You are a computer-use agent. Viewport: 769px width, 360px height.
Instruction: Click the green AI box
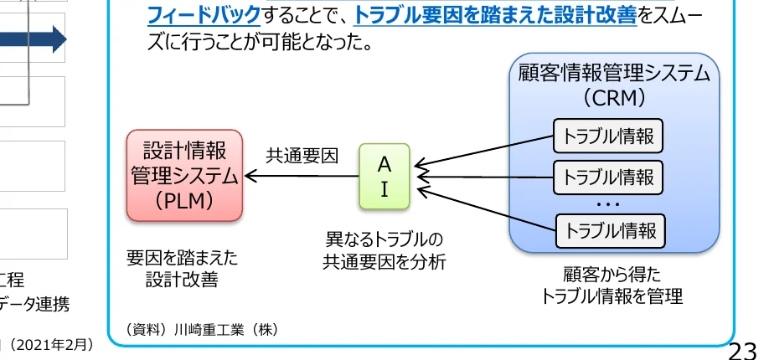pyautogui.click(x=384, y=177)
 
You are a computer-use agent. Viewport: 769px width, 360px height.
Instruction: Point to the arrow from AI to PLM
pyautogui.click(x=302, y=177)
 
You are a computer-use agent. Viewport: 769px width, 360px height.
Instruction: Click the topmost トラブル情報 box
pyautogui.click(x=608, y=136)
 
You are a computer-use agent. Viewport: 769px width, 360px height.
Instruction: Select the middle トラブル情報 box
pyautogui.click(x=608, y=177)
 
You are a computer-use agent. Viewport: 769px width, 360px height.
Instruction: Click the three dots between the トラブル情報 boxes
pyautogui.click(x=608, y=203)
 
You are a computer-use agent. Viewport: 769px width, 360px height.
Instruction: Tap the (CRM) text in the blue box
pyautogui.click(x=614, y=98)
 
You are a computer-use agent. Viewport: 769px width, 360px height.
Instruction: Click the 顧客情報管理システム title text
pyautogui.click(x=614, y=73)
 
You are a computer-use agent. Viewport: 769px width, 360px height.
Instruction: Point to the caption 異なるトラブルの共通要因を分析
pyautogui.click(x=384, y=250)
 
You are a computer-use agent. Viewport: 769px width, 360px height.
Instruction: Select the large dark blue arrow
pyautogui.click(x=34, y=38)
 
